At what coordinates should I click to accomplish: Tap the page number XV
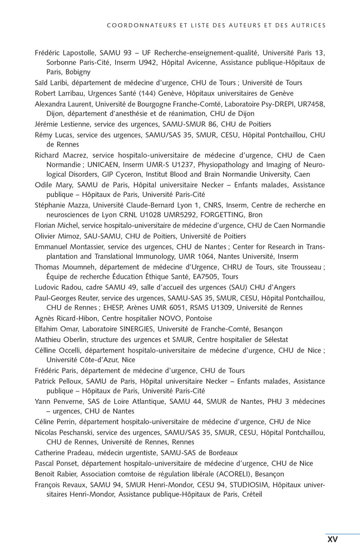(332, 539)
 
